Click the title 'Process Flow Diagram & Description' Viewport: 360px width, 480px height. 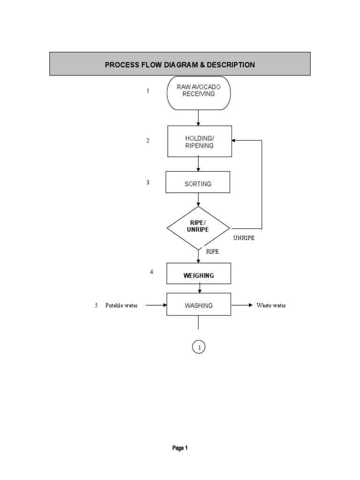pos(180,65)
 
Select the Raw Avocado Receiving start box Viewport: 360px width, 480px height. pos(199,93)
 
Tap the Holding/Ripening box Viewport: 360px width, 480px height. pos(199,141)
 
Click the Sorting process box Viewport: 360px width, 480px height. pos(198,182)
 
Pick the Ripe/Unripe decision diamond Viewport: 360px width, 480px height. pos(198,228)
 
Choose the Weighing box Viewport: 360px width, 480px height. pos(199,274)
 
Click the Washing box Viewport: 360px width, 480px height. pos(199,305)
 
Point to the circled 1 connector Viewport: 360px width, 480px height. pos(199,347)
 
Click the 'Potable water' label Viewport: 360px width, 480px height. pos(121,306)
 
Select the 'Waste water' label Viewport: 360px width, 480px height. pos(271,306)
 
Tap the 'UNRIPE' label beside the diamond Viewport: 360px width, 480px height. pos(244,238)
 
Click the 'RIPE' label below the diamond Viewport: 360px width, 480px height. pos(212,252)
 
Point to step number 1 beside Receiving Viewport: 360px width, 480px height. pos(148,91)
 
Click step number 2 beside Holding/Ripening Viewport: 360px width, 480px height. pos(148,140)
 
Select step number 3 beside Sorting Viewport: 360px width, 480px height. pos(148,182)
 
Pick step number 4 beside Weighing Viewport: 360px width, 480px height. pos(151,271)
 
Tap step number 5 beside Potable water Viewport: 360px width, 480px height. pos(96,306)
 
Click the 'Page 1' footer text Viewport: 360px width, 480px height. pos(180,448)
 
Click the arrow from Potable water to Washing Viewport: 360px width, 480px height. pos(156,305)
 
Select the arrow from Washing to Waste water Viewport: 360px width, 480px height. pos(242,305)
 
